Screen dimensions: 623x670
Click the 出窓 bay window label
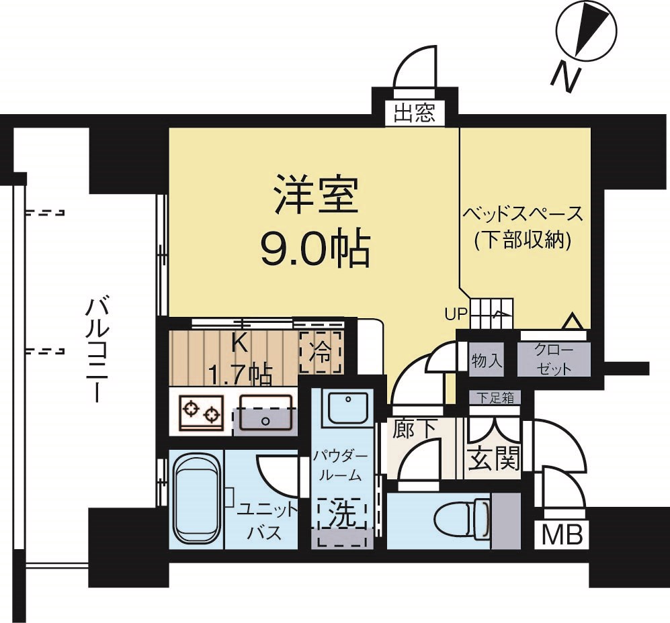(x=414, y=113)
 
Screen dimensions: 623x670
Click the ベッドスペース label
(x=522, y=215)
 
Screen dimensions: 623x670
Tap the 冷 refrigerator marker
(x=321, y=351)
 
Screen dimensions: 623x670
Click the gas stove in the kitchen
(x=201, y=412)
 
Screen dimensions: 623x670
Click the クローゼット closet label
(x=553, y=359)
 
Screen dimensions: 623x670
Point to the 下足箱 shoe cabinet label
(x=495, y=397)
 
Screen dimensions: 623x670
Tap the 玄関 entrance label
(x=493, y=459)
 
